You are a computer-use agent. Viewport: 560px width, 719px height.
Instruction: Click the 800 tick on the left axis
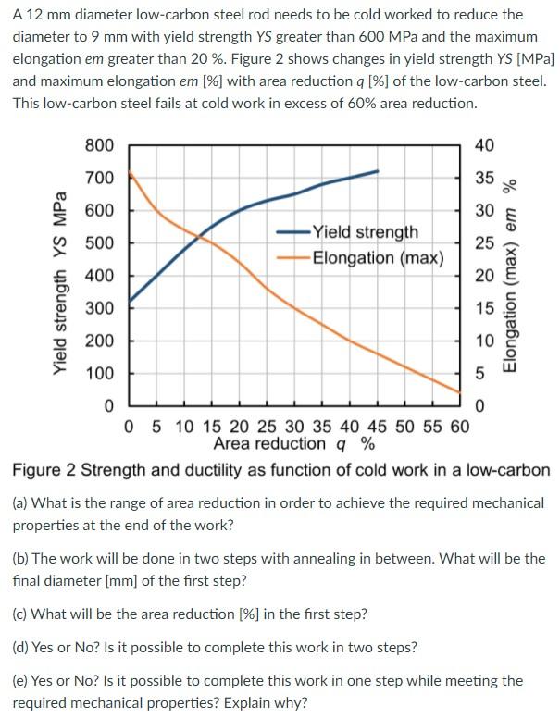[x=99, y=145]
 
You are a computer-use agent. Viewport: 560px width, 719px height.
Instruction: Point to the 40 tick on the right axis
[x=484, y=145]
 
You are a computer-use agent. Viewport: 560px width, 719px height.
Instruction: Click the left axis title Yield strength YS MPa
[x=61, y=281]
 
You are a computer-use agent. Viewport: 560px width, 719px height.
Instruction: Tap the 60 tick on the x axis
[x=459, y=427]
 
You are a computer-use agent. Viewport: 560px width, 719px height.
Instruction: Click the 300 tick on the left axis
[x=99, y=308]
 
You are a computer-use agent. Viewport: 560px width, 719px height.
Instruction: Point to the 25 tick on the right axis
[x=484, y=243]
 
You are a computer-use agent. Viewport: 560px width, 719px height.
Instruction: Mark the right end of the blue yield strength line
[x=378, y=171]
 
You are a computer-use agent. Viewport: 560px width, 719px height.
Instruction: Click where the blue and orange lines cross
[x=200, y=239]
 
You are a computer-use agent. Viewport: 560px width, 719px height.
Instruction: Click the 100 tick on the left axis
[x=99, y=374]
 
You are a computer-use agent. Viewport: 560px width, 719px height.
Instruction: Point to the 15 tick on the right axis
[x=484, y=308]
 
